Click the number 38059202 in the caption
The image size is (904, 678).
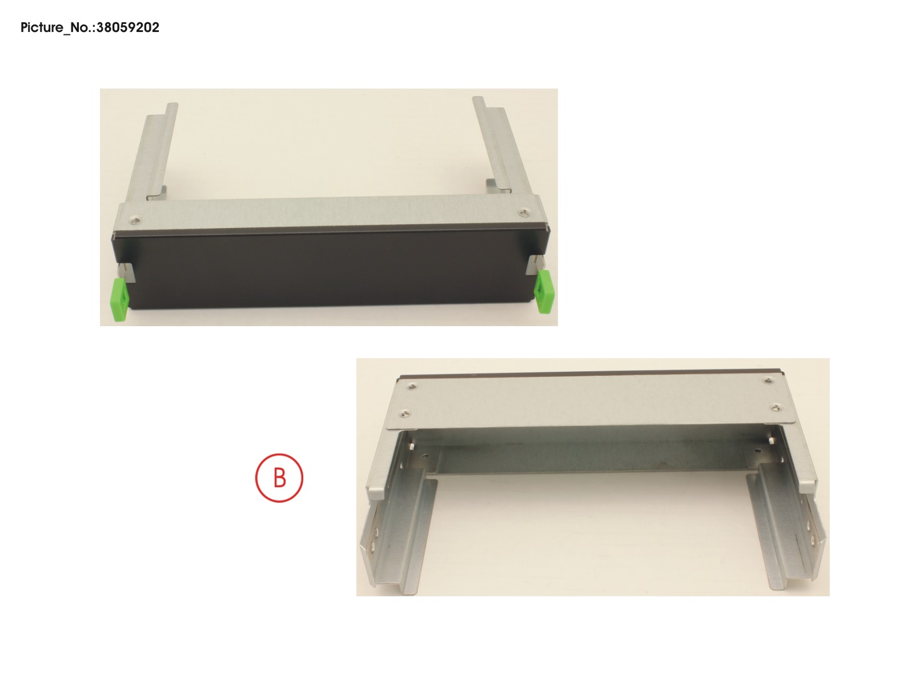click(x=128, y=27)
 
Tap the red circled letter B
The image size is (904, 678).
click(x=279, y=478)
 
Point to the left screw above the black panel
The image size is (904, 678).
click(x=135, y=220)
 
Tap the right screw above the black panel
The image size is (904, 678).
click(x=524, y=212)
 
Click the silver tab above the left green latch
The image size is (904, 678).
click(x=126, y=272)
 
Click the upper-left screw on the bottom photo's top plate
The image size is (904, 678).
click(x=411, y=386)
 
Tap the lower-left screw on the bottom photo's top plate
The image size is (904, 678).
click(x=405, y=413)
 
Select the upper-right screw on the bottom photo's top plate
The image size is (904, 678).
click(x=767, y=381)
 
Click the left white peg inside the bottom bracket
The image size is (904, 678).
click(x=412, y=446)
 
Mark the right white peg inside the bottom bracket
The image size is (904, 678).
click(x=770, y=440)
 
